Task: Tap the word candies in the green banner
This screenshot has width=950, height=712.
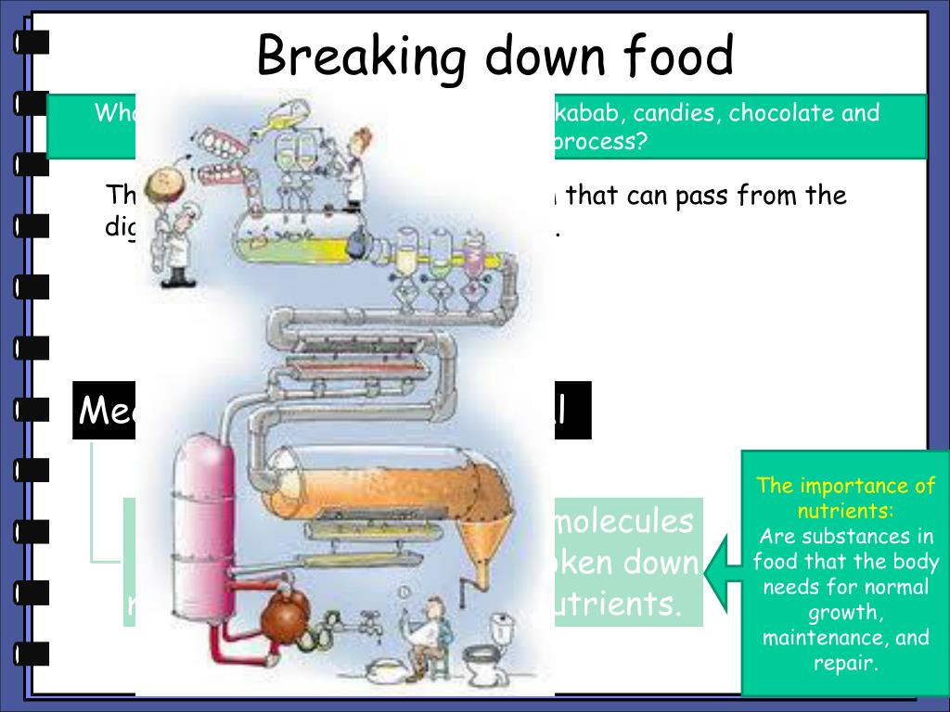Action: tap(674, 114)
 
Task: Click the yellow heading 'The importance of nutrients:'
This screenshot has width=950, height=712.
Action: tap(846, 498)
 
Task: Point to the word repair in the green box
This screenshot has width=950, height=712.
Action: tap(844, 663)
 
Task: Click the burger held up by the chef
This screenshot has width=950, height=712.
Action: tap(164, 182)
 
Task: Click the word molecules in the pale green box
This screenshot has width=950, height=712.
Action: tap(623, 521)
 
